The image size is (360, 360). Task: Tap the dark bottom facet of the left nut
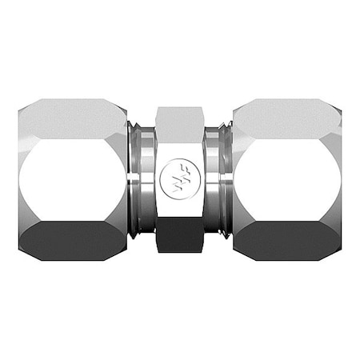[x=72, y=239]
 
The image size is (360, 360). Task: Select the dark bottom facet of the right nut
[x=286, y=239]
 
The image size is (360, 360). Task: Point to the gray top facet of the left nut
[x=72, y=118]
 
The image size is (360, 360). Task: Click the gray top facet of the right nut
[x=286, y=118]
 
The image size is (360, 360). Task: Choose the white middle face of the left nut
[x=72, y=180]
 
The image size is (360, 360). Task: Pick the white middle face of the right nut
[x=286, y=180]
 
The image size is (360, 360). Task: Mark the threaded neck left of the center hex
[x=142, y=180]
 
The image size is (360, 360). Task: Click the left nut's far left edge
[x=20, y=180]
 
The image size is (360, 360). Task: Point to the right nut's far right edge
[x=340, y=180]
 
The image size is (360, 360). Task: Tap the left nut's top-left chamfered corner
[x=25, y=107]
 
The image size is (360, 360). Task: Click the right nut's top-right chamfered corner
[x=334, y=107]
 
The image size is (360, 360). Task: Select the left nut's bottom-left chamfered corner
[x=25, y=251]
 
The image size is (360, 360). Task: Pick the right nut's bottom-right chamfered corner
[x=334, y=251]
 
